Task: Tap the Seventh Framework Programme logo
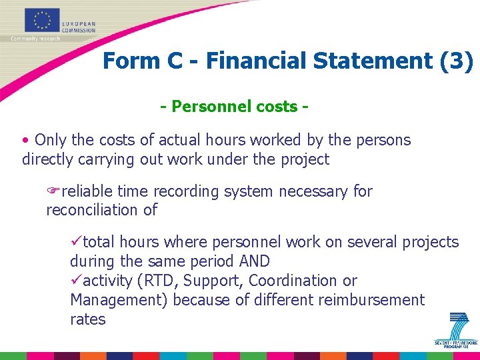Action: point(457,331)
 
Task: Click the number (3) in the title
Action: point(457,61)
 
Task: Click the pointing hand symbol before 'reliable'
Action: point(53,191)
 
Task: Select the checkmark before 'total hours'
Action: point(76,242)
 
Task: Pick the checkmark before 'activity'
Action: point(76,281)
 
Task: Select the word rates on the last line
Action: point(87,319)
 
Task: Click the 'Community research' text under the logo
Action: point(35,39)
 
